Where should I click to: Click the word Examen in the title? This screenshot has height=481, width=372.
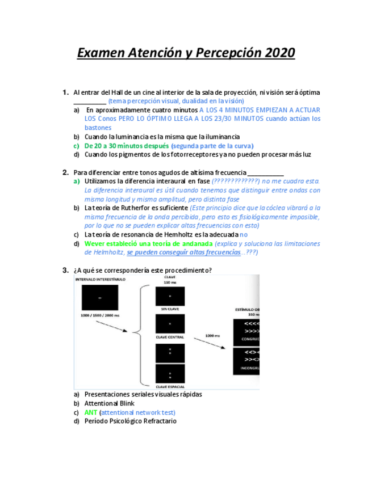pos(101,53)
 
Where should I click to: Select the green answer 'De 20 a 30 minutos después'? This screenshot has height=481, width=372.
pos(127,146)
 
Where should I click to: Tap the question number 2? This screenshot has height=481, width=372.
pos(65,172)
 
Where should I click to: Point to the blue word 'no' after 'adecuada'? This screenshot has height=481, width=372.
pos(244,234)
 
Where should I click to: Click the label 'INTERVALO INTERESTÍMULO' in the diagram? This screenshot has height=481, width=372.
pos(101,280)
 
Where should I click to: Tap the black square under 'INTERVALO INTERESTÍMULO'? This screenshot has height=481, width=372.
pos(101,298)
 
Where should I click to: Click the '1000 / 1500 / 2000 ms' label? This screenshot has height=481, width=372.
pos(101,315)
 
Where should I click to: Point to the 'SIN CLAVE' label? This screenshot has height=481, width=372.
pos(169,309)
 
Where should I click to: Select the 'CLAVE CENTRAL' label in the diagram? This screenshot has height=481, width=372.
pos(169,337)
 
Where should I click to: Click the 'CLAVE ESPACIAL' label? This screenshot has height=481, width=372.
pos(169,387)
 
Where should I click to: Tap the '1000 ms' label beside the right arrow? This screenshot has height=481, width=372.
pos(212,335)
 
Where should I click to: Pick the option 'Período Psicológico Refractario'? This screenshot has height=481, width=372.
pos(130,421)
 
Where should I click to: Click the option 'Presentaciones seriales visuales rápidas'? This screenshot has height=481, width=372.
pos(143,394)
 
